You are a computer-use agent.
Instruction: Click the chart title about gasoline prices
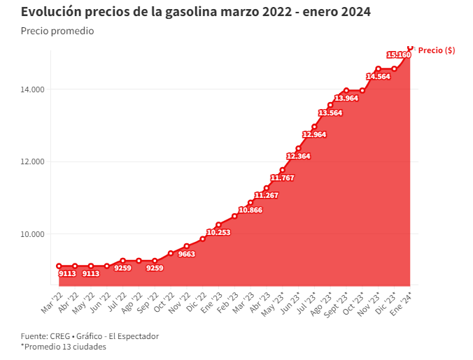195,12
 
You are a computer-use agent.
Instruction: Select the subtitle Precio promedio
57,31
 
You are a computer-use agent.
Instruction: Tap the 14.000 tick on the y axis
32,89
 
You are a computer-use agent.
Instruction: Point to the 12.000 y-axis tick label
32,161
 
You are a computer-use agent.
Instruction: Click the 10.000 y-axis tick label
32,234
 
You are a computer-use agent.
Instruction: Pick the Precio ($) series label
437,50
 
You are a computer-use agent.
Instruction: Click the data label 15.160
398,55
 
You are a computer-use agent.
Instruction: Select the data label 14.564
378,76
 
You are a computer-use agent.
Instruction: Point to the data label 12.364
298,156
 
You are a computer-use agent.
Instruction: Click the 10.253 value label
218,232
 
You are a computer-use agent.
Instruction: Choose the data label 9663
186,254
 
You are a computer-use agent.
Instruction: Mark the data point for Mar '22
59,266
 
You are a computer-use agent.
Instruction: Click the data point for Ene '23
218,225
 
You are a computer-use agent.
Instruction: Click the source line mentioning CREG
90,336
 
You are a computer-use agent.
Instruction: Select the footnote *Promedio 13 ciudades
64,346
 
